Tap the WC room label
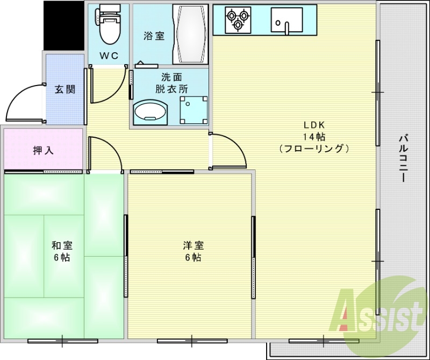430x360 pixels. tap(109, 55)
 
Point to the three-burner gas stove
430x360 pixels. tap(238, 19)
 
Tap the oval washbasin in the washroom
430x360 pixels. tap(150, 112)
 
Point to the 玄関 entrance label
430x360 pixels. tap(64, 89)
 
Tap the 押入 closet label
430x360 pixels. tap(43, 151)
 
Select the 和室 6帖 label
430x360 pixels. tap(62, 251)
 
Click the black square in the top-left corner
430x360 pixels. tap(63, 24)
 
